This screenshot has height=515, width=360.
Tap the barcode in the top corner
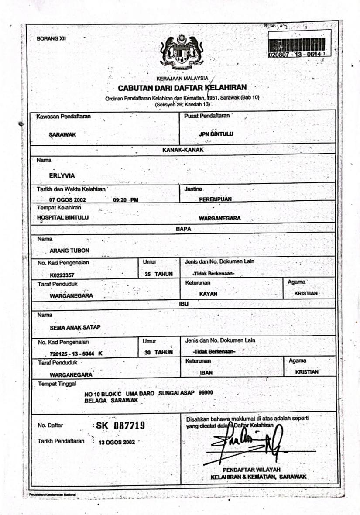(x=296, y=44)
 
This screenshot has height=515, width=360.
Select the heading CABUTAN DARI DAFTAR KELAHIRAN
(x=182, y=88)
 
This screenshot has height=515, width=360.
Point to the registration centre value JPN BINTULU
(x=216, y=134)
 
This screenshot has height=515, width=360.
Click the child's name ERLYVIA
(x=62, y=176)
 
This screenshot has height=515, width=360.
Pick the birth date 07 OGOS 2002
(x=68, y=199)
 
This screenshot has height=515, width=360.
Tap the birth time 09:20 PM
(x=125, y=199)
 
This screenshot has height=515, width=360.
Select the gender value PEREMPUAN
(x=215, y=199)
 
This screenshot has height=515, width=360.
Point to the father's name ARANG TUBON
(x=70, y=251)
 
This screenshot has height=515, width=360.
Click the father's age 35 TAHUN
(x=158, y=274)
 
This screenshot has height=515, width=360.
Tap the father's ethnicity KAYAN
(x=208, y=294)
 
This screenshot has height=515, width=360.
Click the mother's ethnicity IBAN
(x=206, y=373)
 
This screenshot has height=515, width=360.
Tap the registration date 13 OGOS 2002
(x=117, y=442)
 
